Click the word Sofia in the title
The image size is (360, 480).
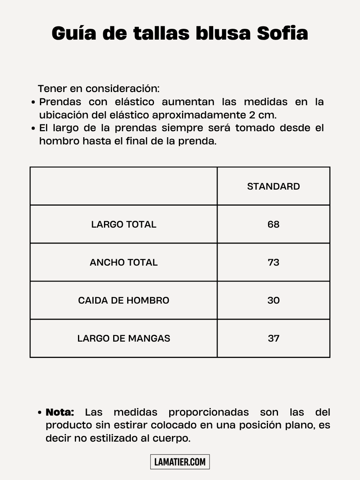pos(282,34)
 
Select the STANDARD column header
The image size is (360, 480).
pos(274,186)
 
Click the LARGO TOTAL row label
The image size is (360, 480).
pos(124,224)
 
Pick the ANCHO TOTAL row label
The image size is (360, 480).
pos(124,262)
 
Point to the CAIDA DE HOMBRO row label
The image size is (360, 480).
pos(124,300)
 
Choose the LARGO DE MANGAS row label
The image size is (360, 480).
pos(124,338)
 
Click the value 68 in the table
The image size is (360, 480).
pos(274,224)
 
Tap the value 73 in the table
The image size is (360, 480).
pos(274,262)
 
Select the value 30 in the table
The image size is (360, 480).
pos(274,300)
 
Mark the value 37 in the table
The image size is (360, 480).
pos(274,338)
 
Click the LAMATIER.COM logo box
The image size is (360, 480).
pos(180,462)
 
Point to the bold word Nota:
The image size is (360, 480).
pos(60,412)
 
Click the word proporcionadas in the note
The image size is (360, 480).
pos(208,412)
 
